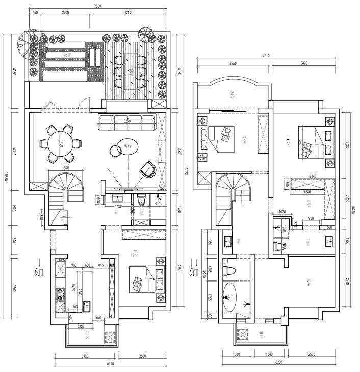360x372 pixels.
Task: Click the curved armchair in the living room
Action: (x=147, y=169)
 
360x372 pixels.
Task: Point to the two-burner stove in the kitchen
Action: (x=59, y=294)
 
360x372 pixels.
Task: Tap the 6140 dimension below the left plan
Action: (x=110, y=364)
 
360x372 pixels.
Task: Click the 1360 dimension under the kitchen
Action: (x=81, y=326)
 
